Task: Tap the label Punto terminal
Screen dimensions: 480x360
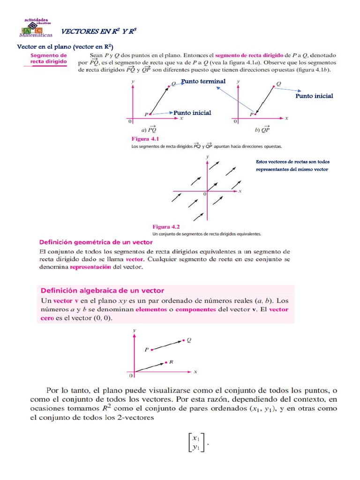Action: [x=203, y=81]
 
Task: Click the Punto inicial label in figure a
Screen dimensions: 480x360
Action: [x=192, y=112]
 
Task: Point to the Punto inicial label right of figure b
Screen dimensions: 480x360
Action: [x=314, y=96]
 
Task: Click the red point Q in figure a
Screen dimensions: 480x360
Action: [x=168, y=85]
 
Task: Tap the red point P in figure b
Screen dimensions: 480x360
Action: [x=256, y=113]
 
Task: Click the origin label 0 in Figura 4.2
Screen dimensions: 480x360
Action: [x=204, y=194]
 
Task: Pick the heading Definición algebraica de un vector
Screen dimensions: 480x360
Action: [x=102, y=290]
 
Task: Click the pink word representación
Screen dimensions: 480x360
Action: [x=90, y=267]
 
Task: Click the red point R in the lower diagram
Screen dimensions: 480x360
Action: [x=166, y=362]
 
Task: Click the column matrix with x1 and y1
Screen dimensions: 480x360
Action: [x=196, y=442]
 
